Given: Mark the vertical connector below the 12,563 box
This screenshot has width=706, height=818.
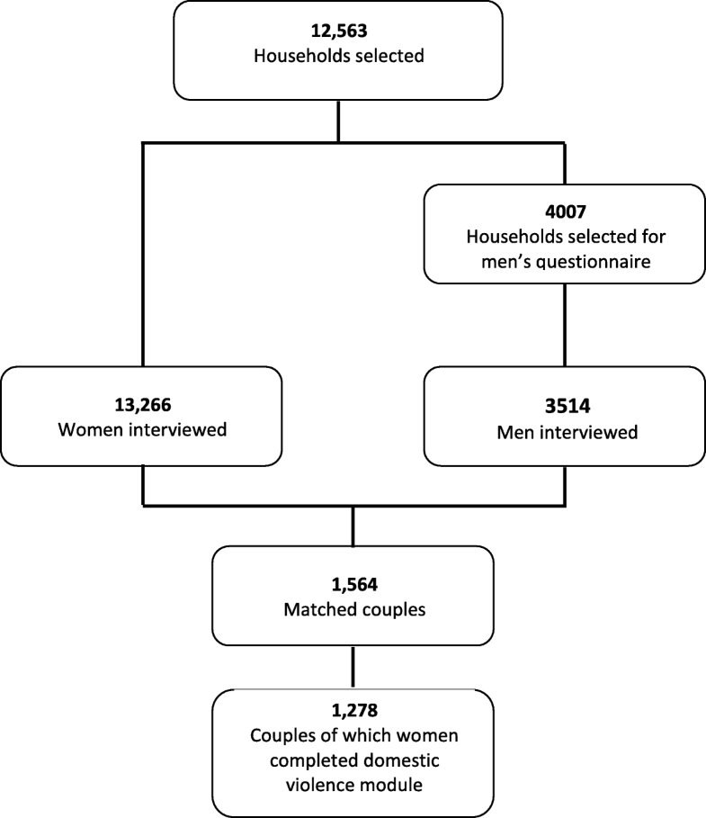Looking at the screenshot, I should click(337, 121).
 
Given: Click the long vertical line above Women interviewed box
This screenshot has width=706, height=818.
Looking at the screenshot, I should click(144, 252).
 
